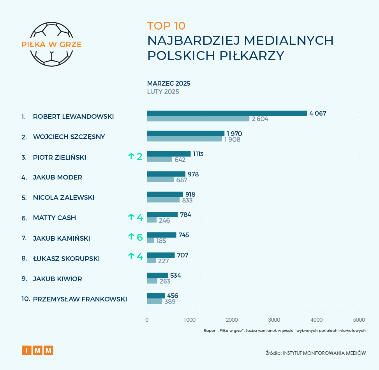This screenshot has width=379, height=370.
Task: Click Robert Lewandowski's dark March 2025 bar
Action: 227,113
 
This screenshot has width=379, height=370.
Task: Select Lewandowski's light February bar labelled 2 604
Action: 198,119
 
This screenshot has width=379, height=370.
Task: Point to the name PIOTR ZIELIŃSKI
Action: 60,157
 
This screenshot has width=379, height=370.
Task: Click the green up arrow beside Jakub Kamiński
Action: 131,237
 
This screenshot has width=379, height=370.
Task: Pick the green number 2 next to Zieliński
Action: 139,157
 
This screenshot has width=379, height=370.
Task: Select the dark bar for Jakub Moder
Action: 166,174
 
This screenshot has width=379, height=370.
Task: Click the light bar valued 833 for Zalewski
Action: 163,200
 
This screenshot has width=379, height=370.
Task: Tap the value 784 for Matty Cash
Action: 185,215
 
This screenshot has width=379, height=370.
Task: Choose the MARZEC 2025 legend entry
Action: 169,83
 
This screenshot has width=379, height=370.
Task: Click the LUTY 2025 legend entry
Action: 163,92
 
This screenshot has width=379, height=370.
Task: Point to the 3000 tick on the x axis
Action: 274,320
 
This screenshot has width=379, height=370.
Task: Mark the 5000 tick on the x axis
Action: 359,320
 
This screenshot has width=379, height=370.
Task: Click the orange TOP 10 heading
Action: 166,26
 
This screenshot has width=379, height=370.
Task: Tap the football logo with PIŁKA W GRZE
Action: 52,43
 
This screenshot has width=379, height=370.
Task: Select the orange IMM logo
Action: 37,350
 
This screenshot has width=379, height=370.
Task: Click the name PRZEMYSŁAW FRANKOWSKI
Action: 80,299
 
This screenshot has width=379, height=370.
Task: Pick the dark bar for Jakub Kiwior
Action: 157,275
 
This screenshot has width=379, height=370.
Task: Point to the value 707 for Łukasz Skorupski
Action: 183,255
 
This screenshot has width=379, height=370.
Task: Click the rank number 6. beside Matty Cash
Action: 24,218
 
